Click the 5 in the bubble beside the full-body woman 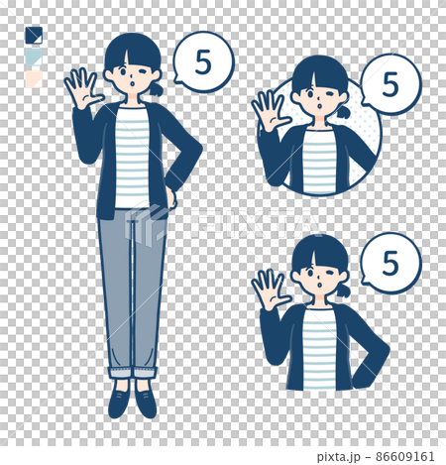point(202,63)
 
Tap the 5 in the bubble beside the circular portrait point(390,85)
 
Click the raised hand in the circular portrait point(268,109)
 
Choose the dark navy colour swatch point(34,36)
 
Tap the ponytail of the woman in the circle point(343,112)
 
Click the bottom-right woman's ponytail point(343,291)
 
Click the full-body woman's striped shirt point(132,159)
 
